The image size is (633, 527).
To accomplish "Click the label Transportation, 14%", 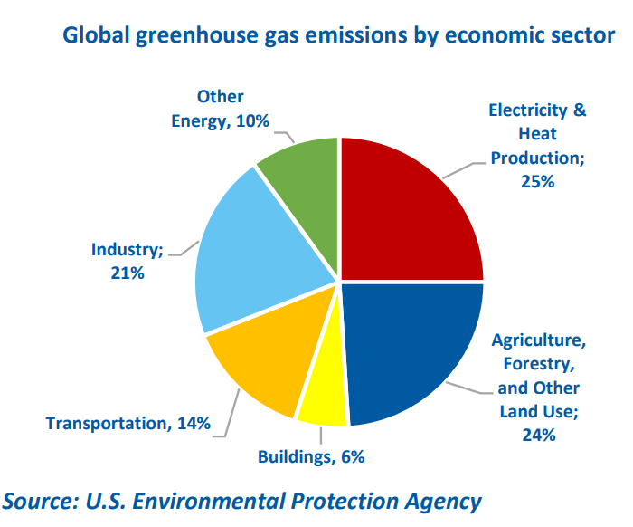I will point(128,423).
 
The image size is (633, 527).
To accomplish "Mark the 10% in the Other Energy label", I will point(252,120).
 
